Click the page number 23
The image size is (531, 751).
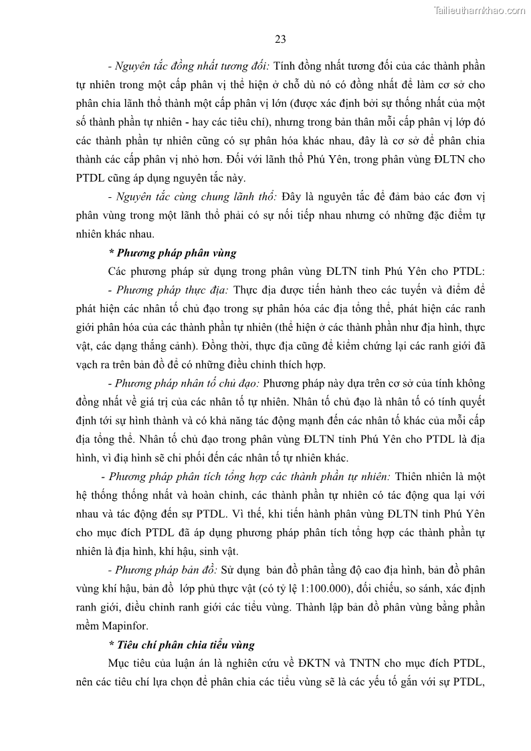click(280, 39)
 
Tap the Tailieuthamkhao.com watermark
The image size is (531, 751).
click(480, 10)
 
